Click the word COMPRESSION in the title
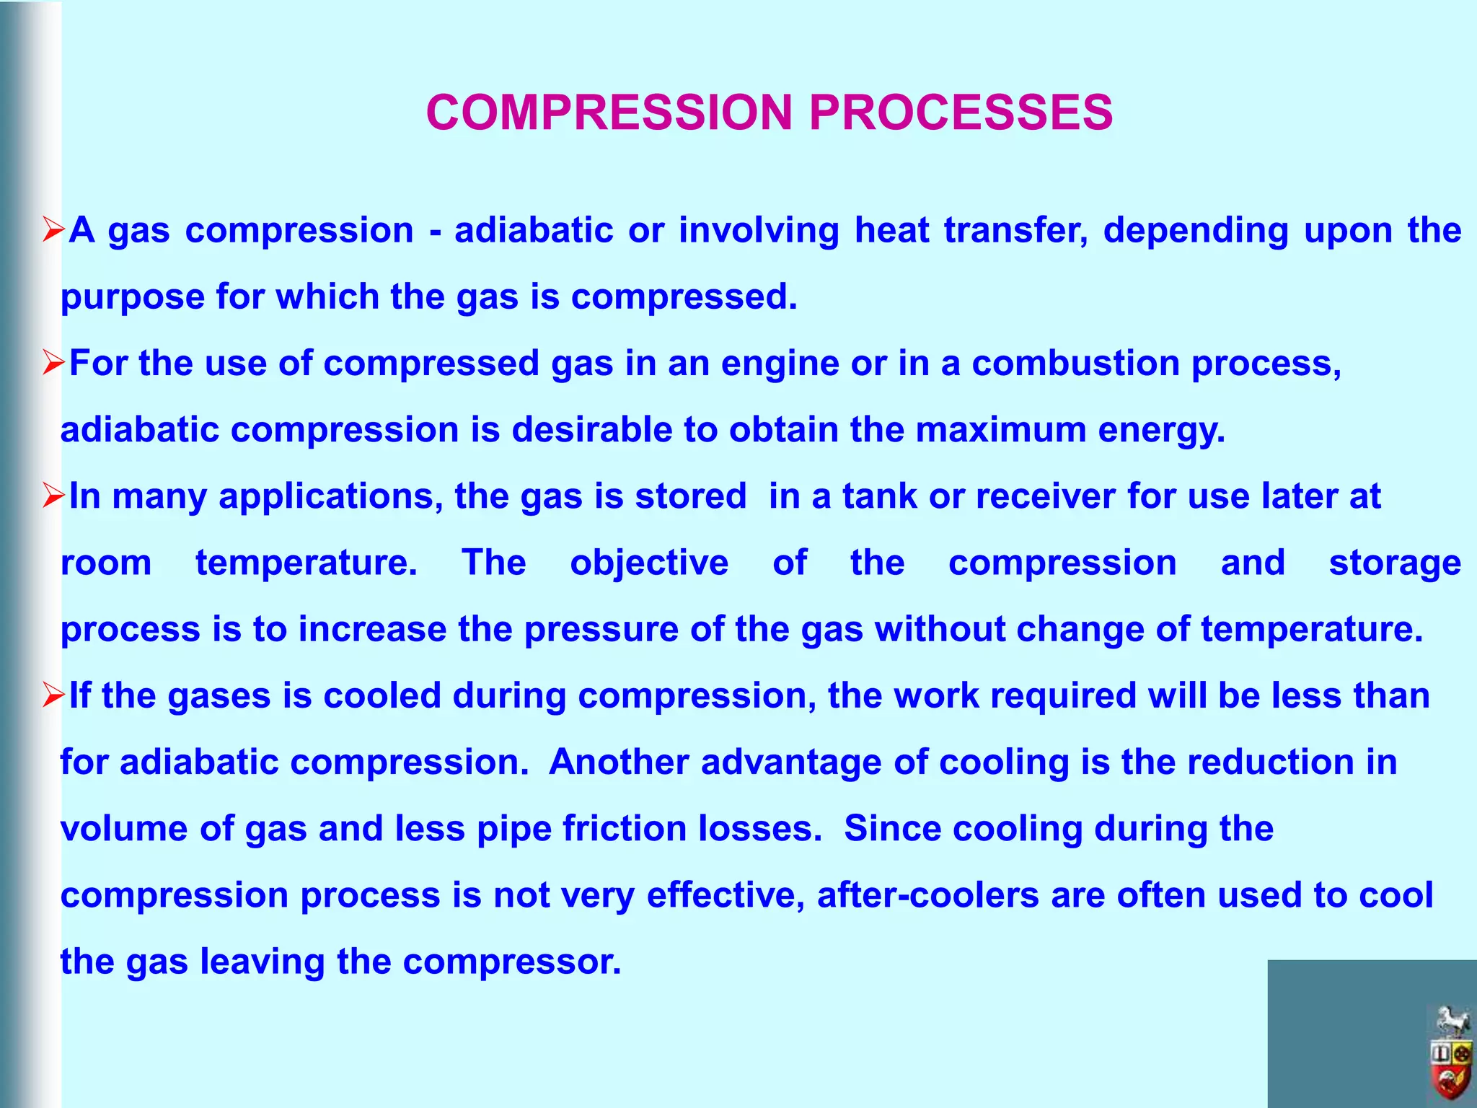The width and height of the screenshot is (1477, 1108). tap(610, 113)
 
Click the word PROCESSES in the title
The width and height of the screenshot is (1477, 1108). tap(961, 113)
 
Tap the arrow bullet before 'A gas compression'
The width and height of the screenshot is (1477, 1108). tap(54, 230)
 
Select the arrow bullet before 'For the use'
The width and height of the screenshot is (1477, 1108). tap(54, 363)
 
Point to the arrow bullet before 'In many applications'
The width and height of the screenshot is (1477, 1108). tap(54, 496)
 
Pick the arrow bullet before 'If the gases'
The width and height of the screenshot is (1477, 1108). tap(54, 695)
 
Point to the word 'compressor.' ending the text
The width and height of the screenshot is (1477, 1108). tap(511, 962)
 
